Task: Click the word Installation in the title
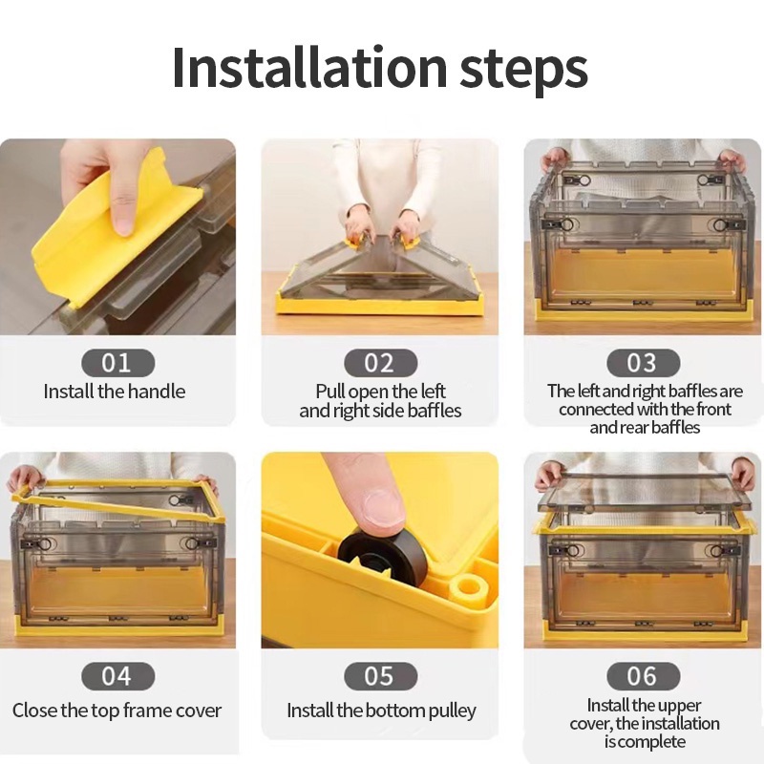309,67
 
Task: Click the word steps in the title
523,71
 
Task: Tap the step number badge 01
117,363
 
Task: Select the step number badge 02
380,363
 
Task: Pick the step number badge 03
643,363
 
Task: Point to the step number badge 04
117,676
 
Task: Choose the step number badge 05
380,676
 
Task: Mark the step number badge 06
643,676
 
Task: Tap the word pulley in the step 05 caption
452,711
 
